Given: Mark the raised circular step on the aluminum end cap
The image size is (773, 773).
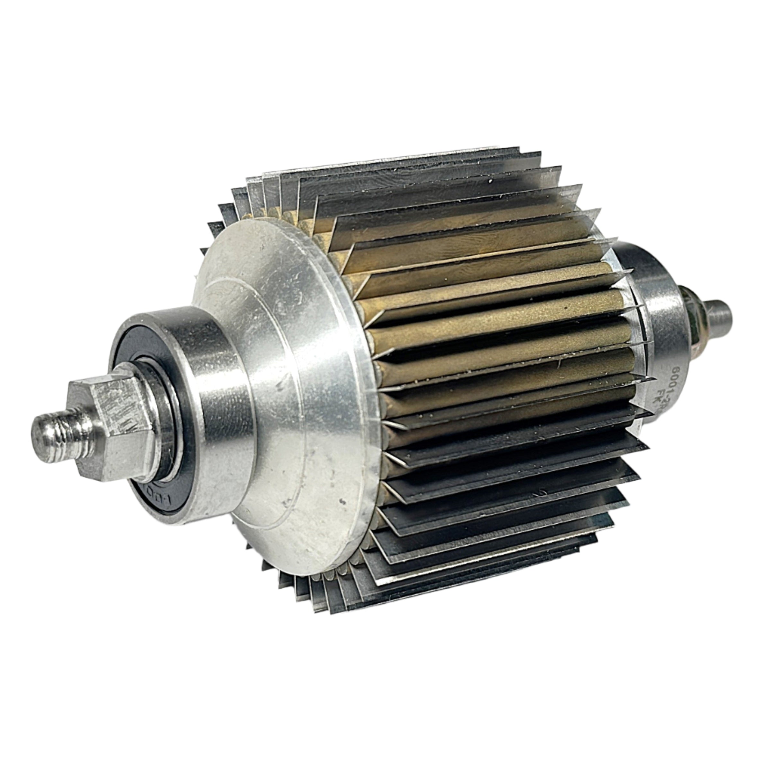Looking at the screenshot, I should [x=256, y=360].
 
